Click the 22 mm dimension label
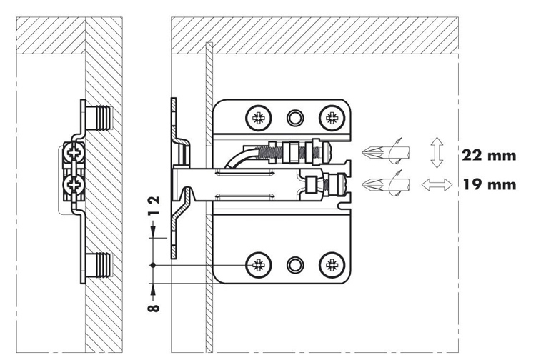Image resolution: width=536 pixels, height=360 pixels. pos(489,156)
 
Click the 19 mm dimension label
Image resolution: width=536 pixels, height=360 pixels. pos(490,185)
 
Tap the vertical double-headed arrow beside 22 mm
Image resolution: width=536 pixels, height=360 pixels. pos(437,152)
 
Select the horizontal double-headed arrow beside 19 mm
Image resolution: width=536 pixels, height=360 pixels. pos(437,185)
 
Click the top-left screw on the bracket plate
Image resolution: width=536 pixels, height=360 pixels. pos(259,118)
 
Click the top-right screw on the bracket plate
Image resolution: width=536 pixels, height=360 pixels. pos(332,118)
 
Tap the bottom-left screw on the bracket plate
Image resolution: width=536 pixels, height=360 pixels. pos(259,265)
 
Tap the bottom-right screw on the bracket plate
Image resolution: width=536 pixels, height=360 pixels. pos(332,265)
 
